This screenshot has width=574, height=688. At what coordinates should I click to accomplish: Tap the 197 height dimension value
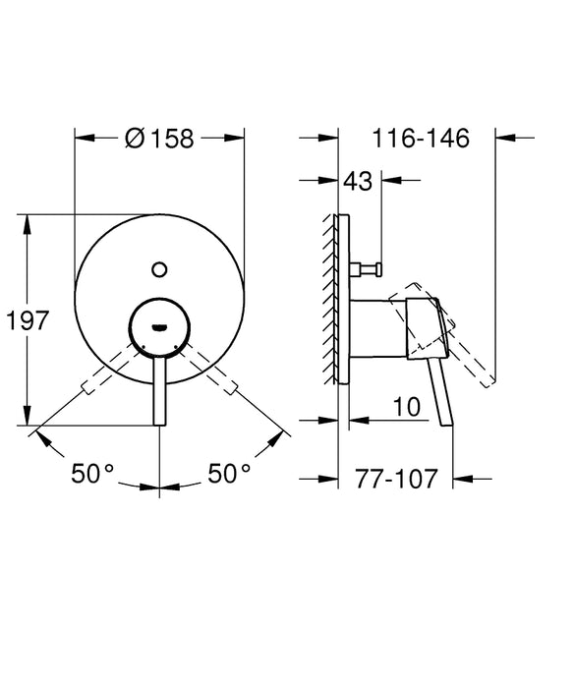27,320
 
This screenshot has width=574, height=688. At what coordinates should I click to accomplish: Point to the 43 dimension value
358,182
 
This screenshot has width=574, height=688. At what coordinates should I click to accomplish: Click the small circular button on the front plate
159,266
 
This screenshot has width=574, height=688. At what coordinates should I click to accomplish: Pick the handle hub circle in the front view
159,321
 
